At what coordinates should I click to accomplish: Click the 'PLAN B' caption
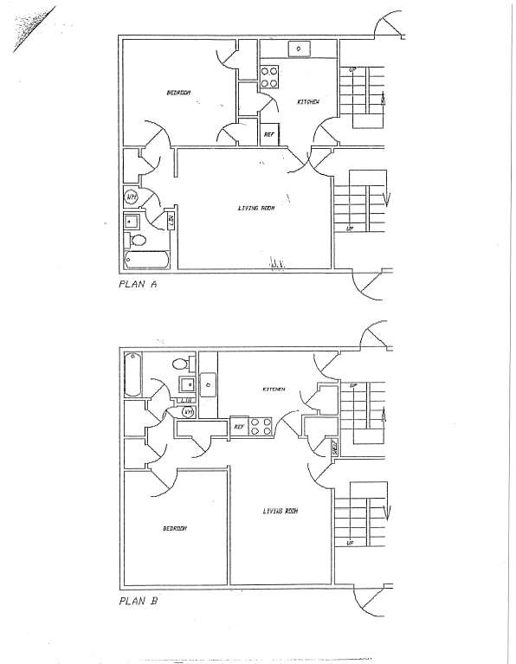tap(137, 600)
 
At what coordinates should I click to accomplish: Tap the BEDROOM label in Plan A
tap(178, 93)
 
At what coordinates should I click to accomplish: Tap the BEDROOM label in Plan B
tap(175, 528)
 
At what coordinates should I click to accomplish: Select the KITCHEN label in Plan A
tap(308, 102)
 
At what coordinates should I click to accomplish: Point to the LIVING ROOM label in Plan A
tap(255, 208)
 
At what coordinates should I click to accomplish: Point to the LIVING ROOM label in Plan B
tap(281, 511)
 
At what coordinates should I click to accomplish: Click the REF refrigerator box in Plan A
tap(269, 135)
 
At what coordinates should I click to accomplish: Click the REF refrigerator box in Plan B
tap(239, 426)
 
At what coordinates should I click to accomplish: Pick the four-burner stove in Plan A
tap(269, 78)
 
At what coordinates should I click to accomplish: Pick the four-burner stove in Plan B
tap(262, 426)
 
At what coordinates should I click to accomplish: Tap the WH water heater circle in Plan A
tap(131, 197)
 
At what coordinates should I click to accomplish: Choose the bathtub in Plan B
tap(132, 374)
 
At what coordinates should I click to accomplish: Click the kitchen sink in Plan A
tap(299, 48)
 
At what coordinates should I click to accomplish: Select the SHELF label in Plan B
tap(335, 447)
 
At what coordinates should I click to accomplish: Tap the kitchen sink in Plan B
tap(208, 382)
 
